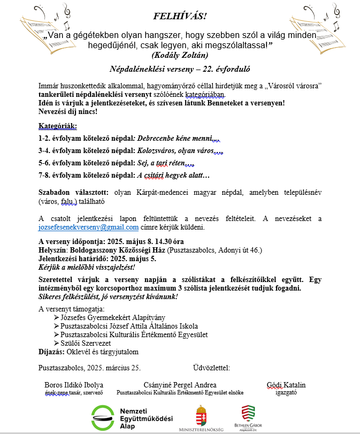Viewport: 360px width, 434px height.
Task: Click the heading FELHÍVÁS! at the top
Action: pyautogui.click(x=179, y=15)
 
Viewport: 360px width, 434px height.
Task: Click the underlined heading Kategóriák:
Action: pyautogui.click(x=58, y=126)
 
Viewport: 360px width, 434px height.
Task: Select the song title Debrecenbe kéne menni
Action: pyautogui.click(x=175, y=138)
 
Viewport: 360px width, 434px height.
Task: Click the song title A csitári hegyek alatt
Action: pyautogui.click(x=173, y=175)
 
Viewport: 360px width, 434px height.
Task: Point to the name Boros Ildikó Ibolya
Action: pyautogui.click(x=74, y=385)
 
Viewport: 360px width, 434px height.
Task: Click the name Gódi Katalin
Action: pyautogui.click(x=286, y=385)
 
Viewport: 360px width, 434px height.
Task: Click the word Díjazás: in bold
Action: pyautogui.click(x=51, y=352)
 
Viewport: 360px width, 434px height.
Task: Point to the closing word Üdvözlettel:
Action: pyautogui.click(x=211, y=368)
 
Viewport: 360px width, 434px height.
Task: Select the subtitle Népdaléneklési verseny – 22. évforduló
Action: pyautogui.click(x=180, y=69)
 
